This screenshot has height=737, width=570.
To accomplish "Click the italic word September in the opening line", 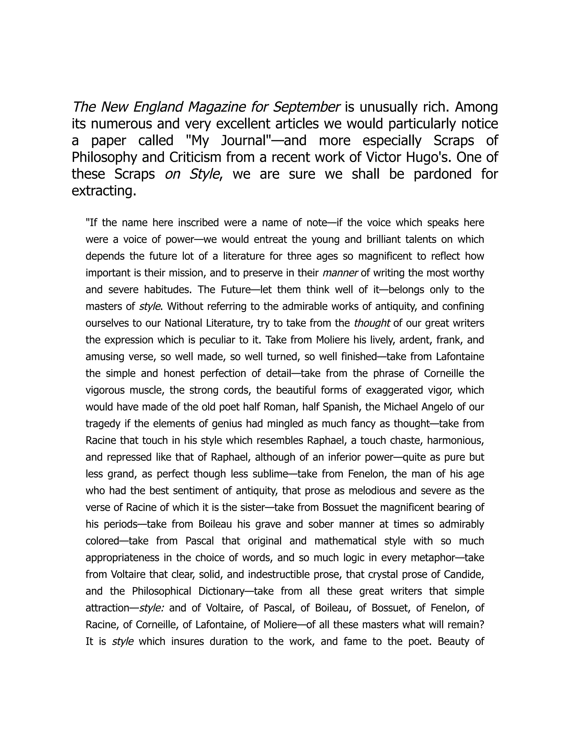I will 306,107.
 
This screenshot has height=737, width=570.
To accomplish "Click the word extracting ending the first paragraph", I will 104,191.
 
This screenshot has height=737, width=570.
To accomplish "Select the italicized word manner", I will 340,273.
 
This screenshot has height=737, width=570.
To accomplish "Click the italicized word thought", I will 372,323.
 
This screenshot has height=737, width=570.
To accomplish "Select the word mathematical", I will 345,541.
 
